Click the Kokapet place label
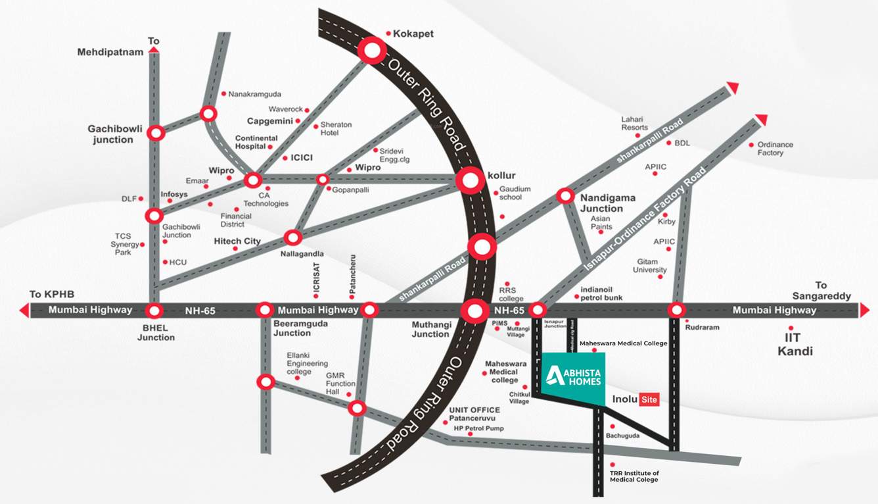pyautogui.click(x=413, y=34)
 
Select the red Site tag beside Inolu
pyautogui.click(x=649, y=399)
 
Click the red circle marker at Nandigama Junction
pyautogui.click(x=565, y=196)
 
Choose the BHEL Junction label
pyautogui.click(x=156, y=332)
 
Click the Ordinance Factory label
pyautogui.click(x=775, y=149)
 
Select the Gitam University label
pyautogui.click(x=650, y=266)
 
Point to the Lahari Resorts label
pyautogui.click(x=634, y=123)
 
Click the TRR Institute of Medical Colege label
pyautogui.click(x=634, y=476)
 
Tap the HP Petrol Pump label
pyautogui.click(x=478, y=428)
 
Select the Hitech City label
pyautogui.click(x=237, y=241)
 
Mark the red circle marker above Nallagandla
pyautogui.click(x=292, y=238)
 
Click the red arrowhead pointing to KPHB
pyautogui.click(x=24, y=310)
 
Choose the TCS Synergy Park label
pyautogui.click(x=125, y=244)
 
